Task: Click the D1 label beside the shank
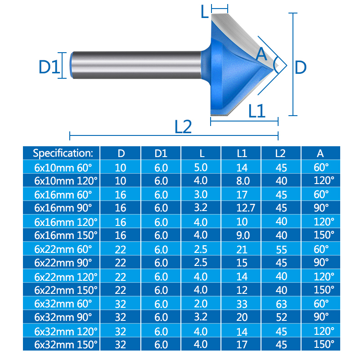click(49, 67)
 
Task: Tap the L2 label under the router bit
click(183, 127)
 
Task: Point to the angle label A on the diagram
click(261, 54)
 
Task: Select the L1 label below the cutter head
click(257, 111)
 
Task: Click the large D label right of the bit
click(300, 67)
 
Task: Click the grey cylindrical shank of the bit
click(137, 65)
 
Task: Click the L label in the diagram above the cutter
click(204, 12)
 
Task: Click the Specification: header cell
click(63, 153)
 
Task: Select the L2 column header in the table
click(280, 153)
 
